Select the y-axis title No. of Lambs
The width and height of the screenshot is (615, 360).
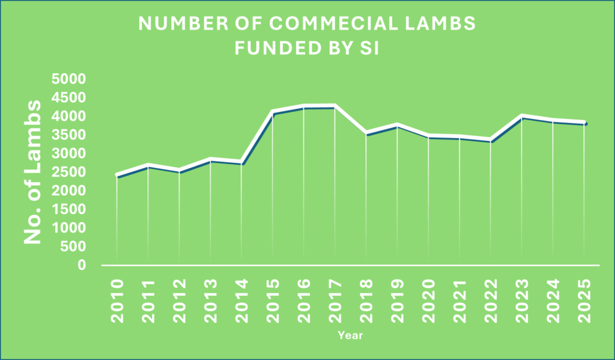[34, 172]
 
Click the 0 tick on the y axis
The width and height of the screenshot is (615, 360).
[82, 265]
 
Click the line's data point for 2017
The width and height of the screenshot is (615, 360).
[335, 107]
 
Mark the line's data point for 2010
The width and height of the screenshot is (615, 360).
[117, 175]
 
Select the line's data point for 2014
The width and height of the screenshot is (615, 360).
[241, 163]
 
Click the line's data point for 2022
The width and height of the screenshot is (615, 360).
[491, 140]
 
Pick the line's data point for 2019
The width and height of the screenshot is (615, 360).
[397, 126]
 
